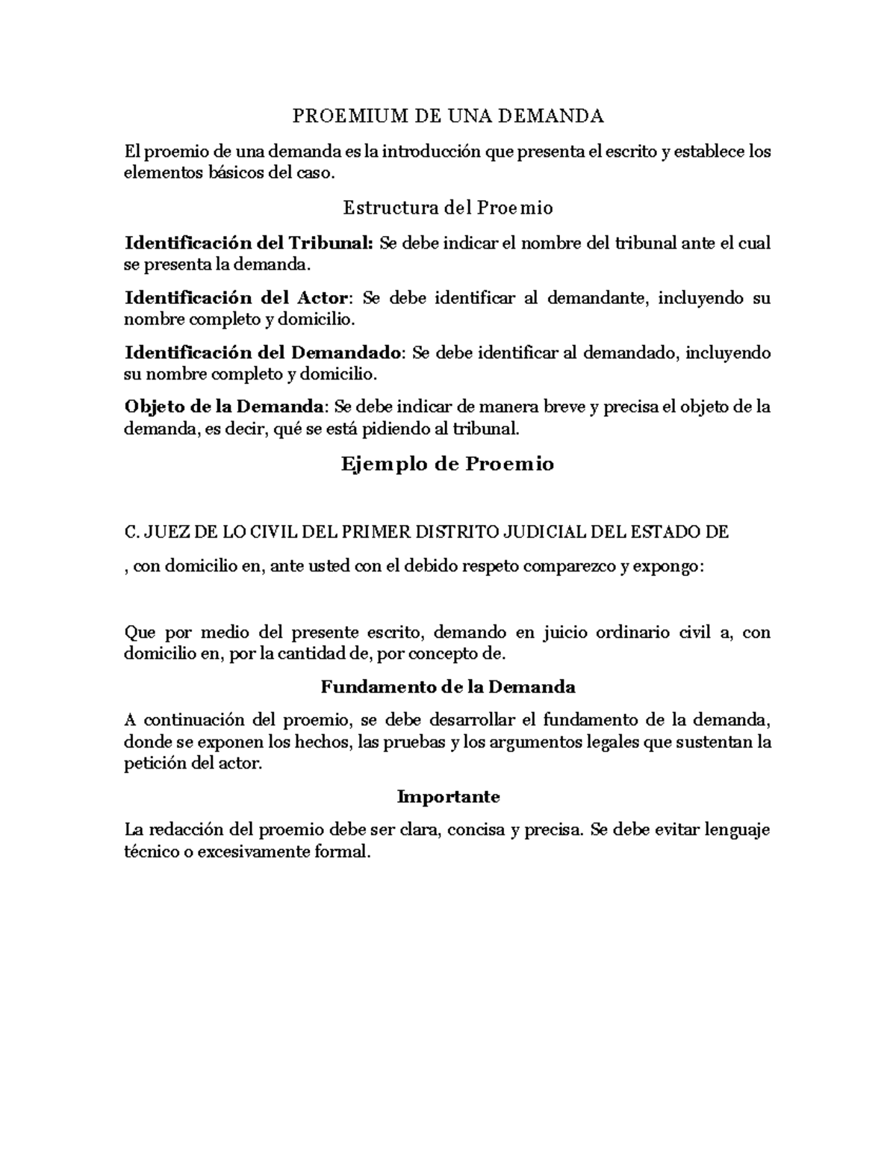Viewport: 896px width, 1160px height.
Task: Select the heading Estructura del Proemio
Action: (448, 208)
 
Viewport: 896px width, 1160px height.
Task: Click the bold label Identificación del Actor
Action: (236, 298)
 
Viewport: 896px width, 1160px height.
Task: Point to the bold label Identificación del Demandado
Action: (264, 353)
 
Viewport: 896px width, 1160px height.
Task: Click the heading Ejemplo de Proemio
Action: (448, 464)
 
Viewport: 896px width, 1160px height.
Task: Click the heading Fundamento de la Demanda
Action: (448, 686)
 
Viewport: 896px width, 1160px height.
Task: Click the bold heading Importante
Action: (448, 796)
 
